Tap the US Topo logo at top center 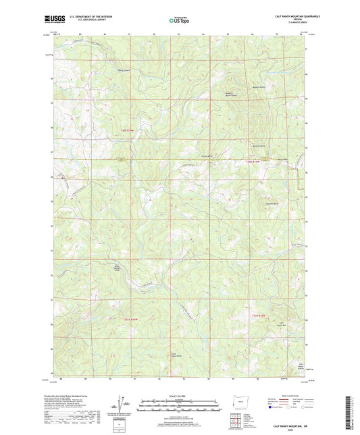click(x=179, y=20)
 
